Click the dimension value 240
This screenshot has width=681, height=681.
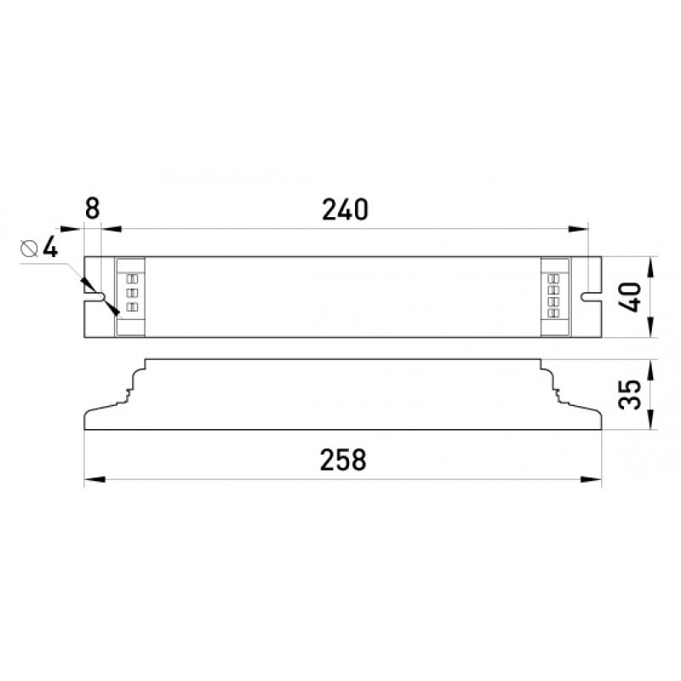345,209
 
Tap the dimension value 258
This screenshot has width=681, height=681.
343,460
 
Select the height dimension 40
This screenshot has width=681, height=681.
630,297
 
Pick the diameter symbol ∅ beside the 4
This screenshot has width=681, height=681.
28,249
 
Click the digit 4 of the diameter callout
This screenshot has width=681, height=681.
49,249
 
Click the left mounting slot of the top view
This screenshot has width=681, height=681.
94,297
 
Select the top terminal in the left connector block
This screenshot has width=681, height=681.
132,278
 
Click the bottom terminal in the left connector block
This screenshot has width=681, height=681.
132,306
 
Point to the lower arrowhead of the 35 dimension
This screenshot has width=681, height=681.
651,423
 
